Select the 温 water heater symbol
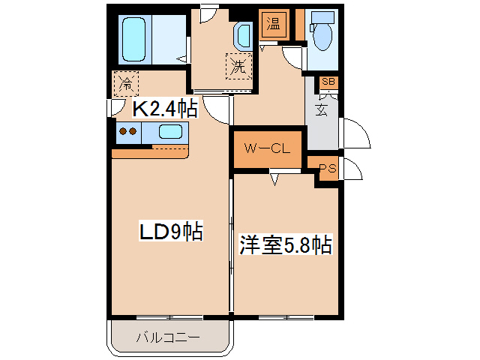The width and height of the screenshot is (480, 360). point(271,23)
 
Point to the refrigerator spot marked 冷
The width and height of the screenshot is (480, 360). point(124,82)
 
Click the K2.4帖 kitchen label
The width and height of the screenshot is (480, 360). point(165,109)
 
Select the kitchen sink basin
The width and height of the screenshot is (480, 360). point(170,133)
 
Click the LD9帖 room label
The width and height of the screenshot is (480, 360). point(171,232)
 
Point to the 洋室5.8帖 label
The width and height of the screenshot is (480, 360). point(286,244)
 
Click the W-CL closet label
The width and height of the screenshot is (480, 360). point(266,148)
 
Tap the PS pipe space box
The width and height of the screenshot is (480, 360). point(327,169)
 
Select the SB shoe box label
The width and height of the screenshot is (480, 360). point(328,82)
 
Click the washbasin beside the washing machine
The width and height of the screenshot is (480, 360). point(243,34)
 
